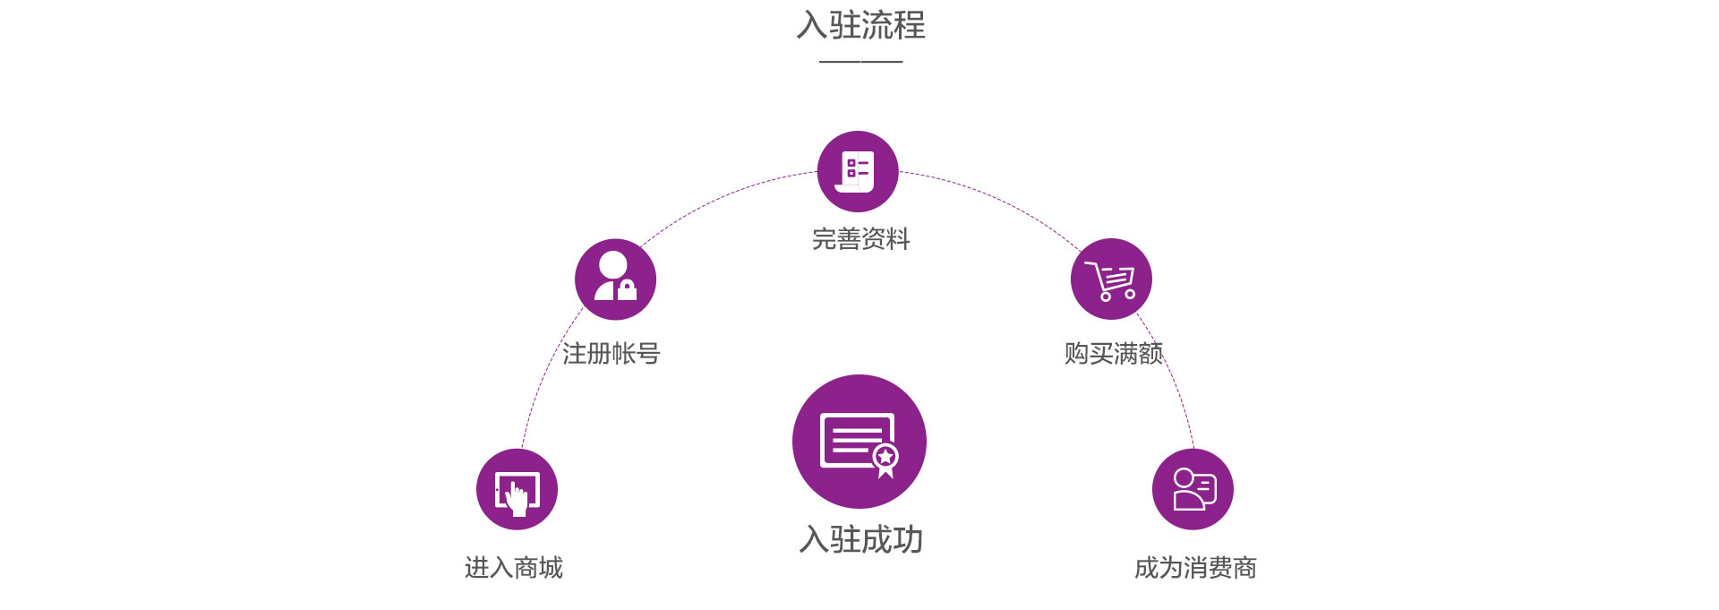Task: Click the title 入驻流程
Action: coord(860,25)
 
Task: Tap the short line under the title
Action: coord(860,62)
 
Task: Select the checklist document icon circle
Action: coord(858,171)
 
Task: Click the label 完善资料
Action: coord(860,239)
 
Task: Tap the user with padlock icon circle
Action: coord(615,279)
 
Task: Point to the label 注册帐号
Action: coord(611,354)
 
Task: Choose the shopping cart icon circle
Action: coord(1111,279)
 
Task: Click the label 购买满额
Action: coord(1114,354)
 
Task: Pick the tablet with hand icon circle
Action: coord(517,489)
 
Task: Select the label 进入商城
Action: coord(514,567)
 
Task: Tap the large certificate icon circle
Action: coord(859,442)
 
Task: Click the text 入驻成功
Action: coord(860,539)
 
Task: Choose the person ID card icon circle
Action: coord(1193,489)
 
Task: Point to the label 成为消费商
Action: coord(1195,567)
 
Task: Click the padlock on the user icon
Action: coord(627,289)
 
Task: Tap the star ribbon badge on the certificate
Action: coord(885,460)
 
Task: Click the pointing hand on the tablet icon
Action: coord(517,498)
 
